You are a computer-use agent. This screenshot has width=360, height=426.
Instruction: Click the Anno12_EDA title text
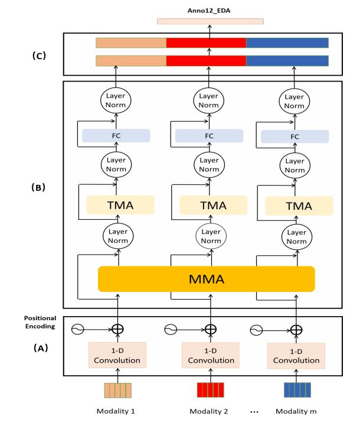coord(210,8)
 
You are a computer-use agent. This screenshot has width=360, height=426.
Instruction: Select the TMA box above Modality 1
coord(120,204)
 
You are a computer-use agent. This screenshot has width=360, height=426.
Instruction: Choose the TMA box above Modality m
coord(299,205)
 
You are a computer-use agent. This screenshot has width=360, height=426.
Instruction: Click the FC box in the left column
coord(116,135)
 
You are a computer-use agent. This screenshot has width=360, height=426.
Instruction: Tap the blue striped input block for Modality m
coord(297,391)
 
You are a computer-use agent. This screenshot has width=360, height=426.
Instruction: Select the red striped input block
coord(211,391)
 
